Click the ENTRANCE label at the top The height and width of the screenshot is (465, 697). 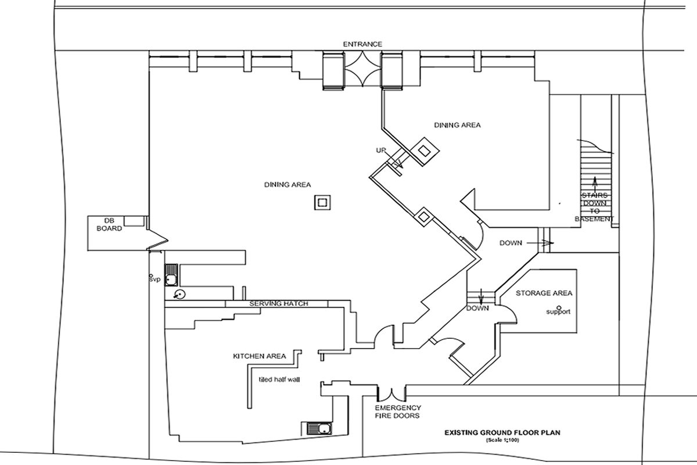point(362,44)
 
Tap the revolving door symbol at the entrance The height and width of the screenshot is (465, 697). point(362,70)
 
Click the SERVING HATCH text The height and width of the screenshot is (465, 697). point(279,303)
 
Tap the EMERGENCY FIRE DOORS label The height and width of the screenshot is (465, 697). point(398,412)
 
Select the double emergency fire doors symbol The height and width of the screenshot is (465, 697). point(389,394)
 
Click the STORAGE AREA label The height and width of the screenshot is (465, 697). point(544,293)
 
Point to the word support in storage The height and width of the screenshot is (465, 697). point(558,312)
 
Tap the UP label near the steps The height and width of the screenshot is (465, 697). point(381,151)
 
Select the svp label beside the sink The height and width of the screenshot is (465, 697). point(154,280)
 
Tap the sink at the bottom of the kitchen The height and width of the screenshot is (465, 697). point(316,429)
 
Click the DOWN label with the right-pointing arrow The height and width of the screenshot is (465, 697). point(511,243)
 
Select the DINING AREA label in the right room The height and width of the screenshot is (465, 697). point(457,125)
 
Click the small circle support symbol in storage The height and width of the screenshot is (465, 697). point(558,306)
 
